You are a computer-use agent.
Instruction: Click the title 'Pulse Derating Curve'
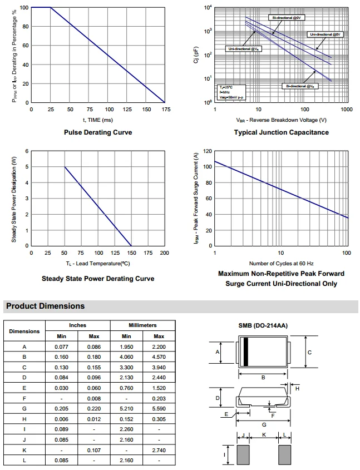98,132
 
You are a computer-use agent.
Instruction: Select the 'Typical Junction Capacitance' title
281,132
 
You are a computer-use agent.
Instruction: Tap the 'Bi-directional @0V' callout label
287,18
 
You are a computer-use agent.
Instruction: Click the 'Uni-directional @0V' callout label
326,34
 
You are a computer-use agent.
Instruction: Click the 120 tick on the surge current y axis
208,151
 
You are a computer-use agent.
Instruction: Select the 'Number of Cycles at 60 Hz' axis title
281,263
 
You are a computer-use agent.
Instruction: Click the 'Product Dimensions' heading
45,306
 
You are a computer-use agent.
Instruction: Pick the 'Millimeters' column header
142,325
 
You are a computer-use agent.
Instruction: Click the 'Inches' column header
77,325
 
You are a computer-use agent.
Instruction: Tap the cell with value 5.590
159,408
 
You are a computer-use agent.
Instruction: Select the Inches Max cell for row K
94,449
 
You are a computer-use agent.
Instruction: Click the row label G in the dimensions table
24,408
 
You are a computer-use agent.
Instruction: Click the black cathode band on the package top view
245,352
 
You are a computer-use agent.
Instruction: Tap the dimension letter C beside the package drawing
309,353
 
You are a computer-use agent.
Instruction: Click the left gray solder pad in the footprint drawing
244,454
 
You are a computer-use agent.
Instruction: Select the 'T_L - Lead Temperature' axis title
97,263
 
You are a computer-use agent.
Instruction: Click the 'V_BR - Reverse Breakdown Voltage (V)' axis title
281,120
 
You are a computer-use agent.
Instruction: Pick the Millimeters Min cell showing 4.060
126,357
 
